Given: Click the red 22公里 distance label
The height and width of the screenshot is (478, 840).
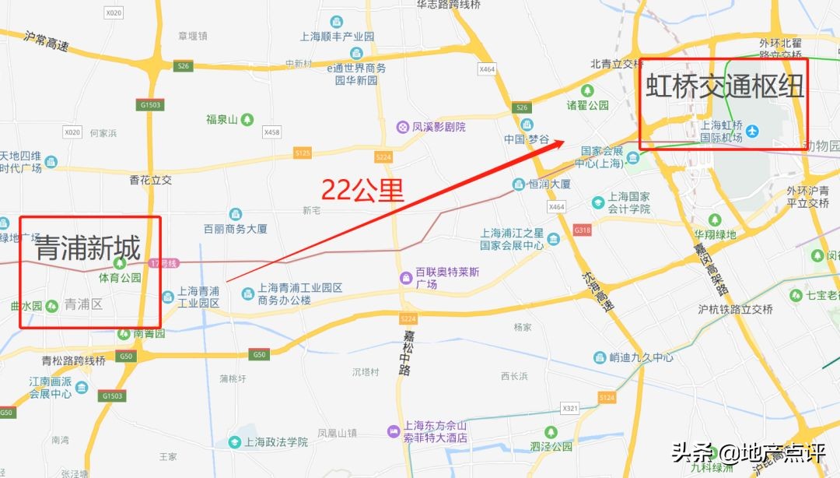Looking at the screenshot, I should tap(363, 191).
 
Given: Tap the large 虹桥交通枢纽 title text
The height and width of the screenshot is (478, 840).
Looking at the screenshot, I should tap(724, 85).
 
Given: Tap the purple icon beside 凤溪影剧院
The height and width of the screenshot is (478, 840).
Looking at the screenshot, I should tap(403, 127).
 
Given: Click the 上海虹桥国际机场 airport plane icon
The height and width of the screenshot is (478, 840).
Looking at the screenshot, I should tap(751, 131).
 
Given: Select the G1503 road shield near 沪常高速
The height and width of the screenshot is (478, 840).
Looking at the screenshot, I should tap(152, 104).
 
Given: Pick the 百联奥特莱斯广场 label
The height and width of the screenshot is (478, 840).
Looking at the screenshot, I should tap(447, 278).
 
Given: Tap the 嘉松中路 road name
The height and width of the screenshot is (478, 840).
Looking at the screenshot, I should tap(406, 353).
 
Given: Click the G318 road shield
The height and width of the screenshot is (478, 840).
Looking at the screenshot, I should tap(582, 230).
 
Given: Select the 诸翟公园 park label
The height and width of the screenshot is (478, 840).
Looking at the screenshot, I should tap(587, 105).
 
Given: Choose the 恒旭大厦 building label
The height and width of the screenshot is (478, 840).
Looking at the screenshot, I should tap(550, 185).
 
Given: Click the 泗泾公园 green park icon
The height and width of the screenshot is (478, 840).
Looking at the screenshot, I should tap(551, 431).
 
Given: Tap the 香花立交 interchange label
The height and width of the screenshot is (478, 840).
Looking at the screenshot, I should tap(150, 180).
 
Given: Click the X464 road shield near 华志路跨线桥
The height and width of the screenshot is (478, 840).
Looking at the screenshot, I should tap(487, 69).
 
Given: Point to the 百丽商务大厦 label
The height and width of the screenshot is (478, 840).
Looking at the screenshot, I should tap(235, 229).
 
